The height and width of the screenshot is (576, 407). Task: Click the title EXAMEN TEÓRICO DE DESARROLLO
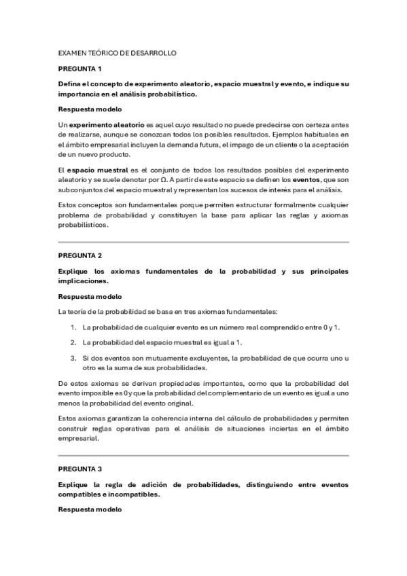click(118, 53)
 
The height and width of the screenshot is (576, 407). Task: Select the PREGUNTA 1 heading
click(79, 69)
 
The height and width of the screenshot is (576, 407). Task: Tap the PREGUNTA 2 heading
click(79, 255)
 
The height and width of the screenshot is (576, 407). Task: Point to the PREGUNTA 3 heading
click(79, 469)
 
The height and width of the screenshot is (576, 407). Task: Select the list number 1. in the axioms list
click(73, 327)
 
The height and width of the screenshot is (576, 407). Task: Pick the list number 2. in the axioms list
click(73, 342)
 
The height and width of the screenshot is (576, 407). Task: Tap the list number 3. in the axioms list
click(73, 358)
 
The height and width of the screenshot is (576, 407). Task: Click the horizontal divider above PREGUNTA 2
click(203, 242)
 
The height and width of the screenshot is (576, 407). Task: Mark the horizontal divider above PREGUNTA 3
click(203, 455)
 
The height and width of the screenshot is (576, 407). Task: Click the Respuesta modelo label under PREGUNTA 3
click(90, 509)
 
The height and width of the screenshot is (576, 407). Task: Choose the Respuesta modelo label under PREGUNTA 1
click(90, 109)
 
